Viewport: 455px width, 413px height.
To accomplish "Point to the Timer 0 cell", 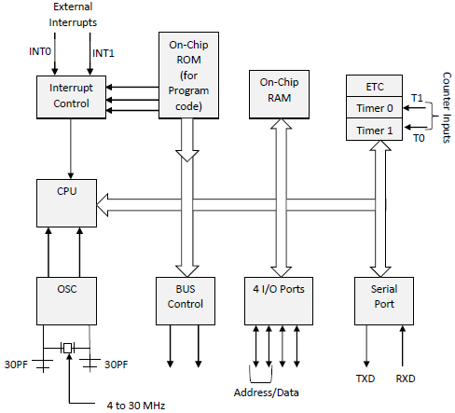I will click(x=374, y=109).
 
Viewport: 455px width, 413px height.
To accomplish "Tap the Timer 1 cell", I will click(x=374, y=131).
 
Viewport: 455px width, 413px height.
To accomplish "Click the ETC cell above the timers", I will click(x=374, y=87).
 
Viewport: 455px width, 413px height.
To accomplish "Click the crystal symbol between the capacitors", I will click(x=66, y=348).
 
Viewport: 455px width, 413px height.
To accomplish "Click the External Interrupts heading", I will click(x=74, y=14).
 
